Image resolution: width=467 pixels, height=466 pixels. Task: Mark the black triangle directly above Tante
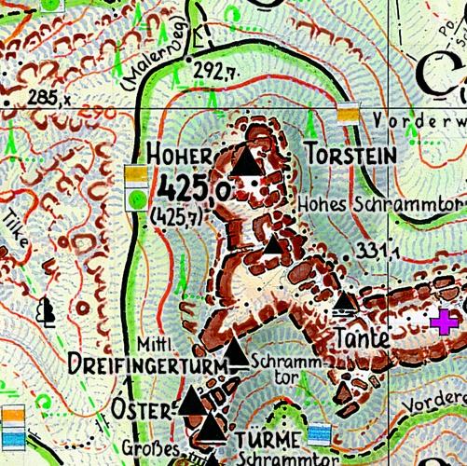point(345,302)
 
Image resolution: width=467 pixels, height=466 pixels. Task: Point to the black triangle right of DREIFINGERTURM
point(239,354)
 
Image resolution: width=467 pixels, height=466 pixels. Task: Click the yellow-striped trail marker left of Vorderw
point(349,113)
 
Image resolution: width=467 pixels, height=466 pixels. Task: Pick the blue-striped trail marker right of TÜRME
point(320,434)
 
